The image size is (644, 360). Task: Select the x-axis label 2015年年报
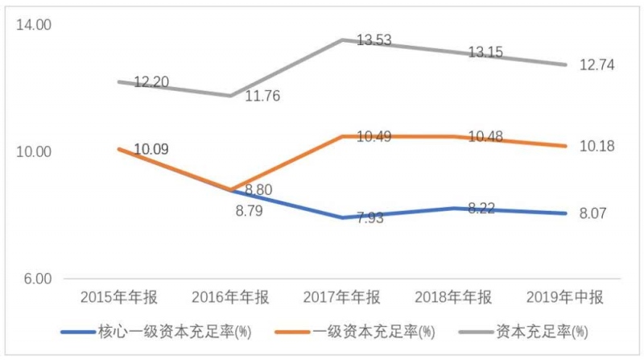coord(119,298)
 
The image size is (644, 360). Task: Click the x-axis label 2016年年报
coord(231,298)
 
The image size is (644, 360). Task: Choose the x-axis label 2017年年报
coord(342,298)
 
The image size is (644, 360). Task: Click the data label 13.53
coord(374,39)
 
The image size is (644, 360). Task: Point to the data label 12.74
coord(597,65)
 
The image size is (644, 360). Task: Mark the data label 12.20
coord(151,83)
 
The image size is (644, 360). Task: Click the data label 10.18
coord(597,146)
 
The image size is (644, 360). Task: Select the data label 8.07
coord(597,213)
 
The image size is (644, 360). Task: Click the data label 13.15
coord(485,52)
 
